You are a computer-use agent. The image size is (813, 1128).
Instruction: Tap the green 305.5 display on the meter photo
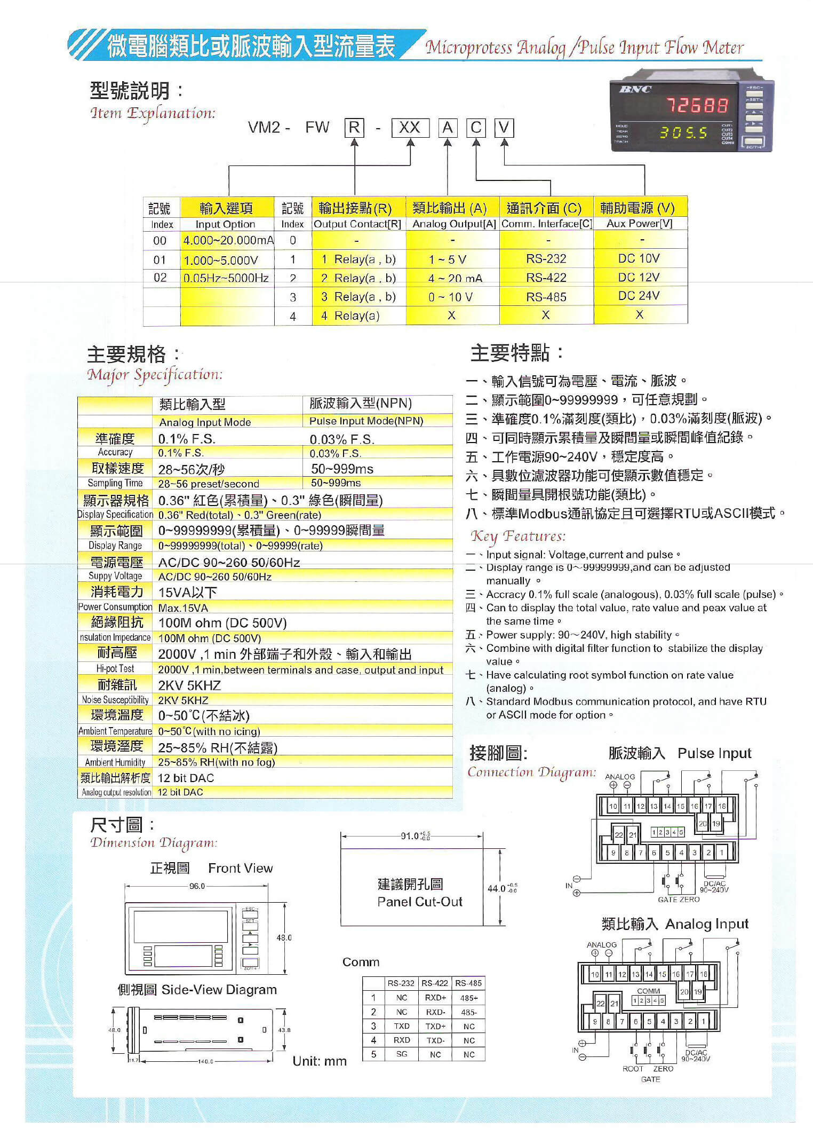click(x=683, y=132)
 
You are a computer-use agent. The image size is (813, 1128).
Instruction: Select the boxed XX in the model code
click(x=410, y=128)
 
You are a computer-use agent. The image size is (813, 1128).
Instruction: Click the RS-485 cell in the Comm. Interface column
click(x=546, y=297)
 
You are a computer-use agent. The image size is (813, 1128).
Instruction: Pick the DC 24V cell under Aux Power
click(x=639, y=296)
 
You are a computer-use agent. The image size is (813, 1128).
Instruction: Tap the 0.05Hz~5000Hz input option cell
click(x=226, y=278)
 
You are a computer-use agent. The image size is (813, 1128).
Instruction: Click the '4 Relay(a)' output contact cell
click(x=350, y=315)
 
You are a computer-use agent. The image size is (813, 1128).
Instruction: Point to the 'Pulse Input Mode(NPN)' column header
click(x=366, y=421)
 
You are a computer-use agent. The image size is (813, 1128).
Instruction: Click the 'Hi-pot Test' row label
click(x=115, y=668)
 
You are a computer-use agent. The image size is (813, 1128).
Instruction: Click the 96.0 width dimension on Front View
click(x=197, y=886)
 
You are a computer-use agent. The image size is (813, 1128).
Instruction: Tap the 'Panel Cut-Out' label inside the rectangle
click(x=419, y=902)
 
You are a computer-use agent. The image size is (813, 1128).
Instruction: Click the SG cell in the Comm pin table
click(x=402, y=1054)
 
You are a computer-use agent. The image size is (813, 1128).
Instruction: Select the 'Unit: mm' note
click(x=320, y=1061)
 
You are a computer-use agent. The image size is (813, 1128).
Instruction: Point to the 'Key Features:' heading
click(x=517, y=536)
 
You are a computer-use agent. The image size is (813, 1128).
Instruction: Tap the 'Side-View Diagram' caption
click(x=219, y=989)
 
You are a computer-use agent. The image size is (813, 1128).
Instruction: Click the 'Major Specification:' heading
click(x=155, y=375)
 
